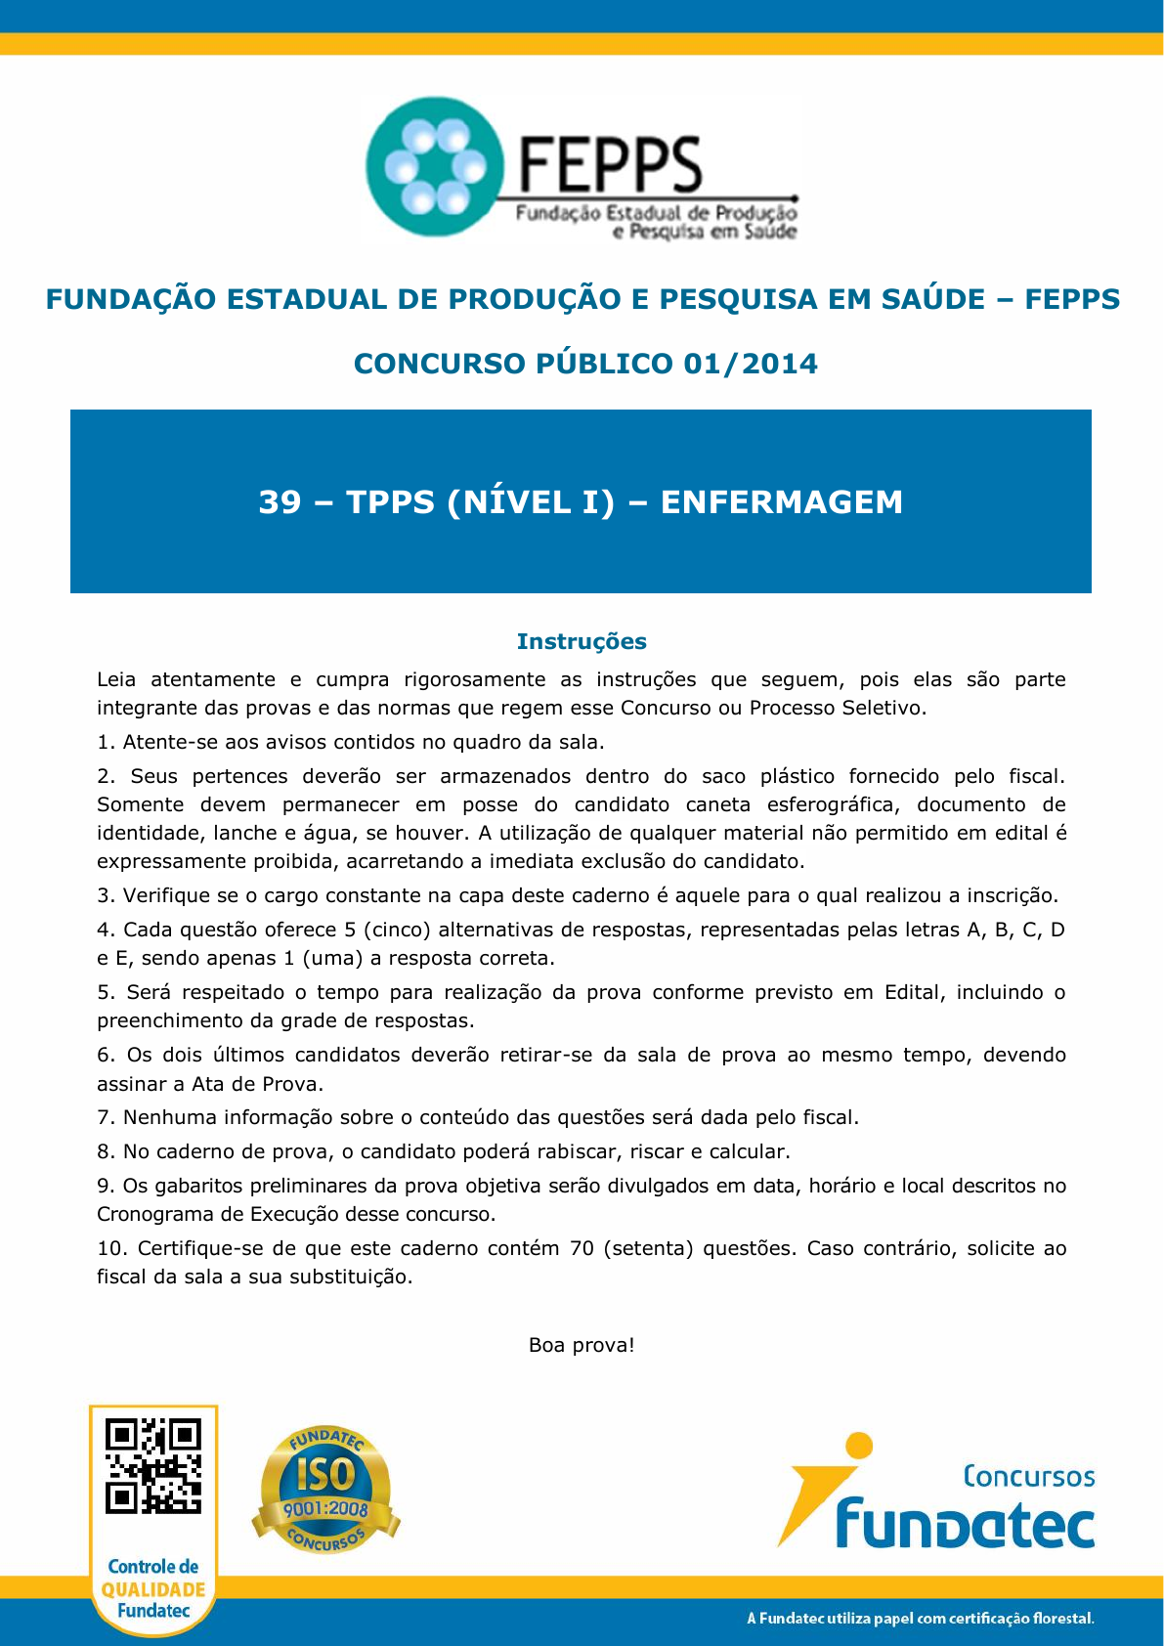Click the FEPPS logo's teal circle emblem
(x=433, y=167)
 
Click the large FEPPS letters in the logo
(x=610, y=164)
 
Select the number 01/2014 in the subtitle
(x=751, y=364)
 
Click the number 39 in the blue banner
(x=280, y=502)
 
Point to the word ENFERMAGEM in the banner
(x=781, y=502)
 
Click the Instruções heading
(x=582, y=641)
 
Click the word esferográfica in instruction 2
(x=834, y=804)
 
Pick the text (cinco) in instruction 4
(x=395, y=930)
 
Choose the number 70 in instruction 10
(x=582, y=1248)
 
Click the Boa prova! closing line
(x=582, y=1345)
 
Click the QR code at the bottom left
(x=153, y=1465)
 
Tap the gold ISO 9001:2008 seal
(x=325, y=1490)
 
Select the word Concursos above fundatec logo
(x=1028, y=1476)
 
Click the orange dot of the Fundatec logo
(x=859, y=1445)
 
